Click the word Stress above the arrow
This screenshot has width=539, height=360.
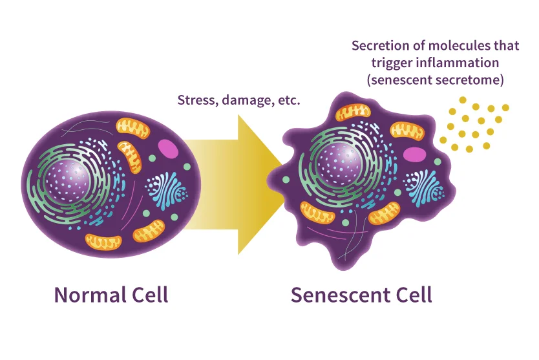pos(196,101)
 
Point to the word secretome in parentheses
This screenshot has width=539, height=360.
pos(470,80)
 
